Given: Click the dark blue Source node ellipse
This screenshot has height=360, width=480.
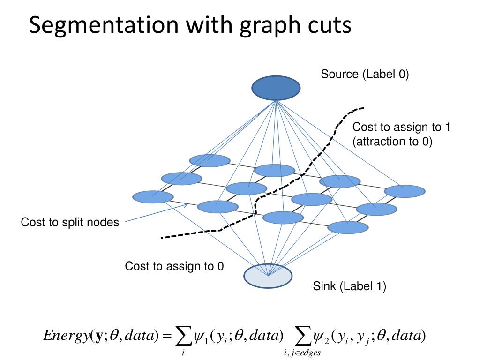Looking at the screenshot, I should [x=276, y=88].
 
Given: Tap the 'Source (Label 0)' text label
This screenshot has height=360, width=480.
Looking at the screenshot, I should [x=365, y=74].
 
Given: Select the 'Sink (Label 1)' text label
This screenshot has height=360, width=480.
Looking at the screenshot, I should [x=350, y=286].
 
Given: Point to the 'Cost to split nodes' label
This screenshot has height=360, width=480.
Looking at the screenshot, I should [x=70, y=222].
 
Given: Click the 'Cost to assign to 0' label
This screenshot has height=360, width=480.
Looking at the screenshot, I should [x=174, y=267].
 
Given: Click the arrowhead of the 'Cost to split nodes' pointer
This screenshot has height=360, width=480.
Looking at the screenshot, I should [x=187, y=205].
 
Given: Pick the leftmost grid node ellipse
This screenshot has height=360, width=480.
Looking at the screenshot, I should [x=152, y=197].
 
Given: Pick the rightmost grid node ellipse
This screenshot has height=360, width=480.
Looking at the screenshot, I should [x=405, y=191].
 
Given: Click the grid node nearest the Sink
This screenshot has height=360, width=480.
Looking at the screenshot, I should [x=283, y=217].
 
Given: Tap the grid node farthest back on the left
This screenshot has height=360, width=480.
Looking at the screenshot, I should [x=210, y=160].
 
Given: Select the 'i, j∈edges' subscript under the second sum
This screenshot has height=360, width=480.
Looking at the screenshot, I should [x=302, y=353].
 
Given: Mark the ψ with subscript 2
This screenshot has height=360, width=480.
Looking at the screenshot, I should [x=320, y=337].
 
